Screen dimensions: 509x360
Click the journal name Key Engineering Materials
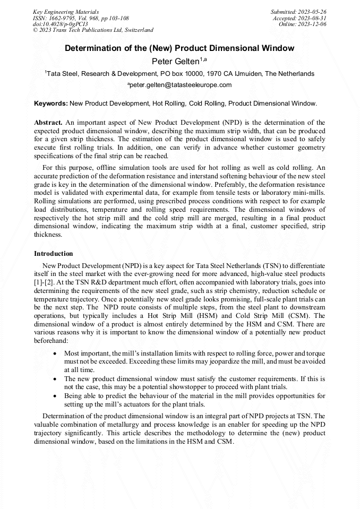coord(66,11)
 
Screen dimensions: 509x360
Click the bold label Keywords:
coord(50,103)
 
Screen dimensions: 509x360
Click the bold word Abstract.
coord(48,122)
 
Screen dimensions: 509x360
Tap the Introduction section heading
coord(54,254)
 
